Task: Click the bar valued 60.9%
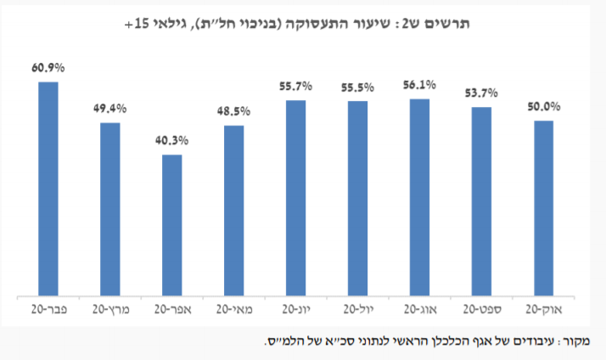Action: point(48,189)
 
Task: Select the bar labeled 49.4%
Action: point(110,210)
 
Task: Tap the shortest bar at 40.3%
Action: point(172,226)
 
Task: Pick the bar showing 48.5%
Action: point(234,211)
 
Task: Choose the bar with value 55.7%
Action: point(296,199)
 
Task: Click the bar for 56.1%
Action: point(419,198)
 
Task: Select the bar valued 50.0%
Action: point(543,209)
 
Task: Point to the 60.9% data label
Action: point(48,67)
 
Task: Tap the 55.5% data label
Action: point(358,87)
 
